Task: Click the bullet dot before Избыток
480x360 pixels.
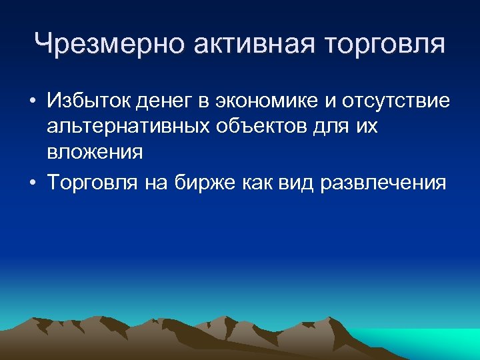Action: coord(32,103)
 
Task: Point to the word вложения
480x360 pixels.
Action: coord(95,152)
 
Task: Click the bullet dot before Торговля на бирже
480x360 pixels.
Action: coord(32,183)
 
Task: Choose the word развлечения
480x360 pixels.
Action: coord(384,183)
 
